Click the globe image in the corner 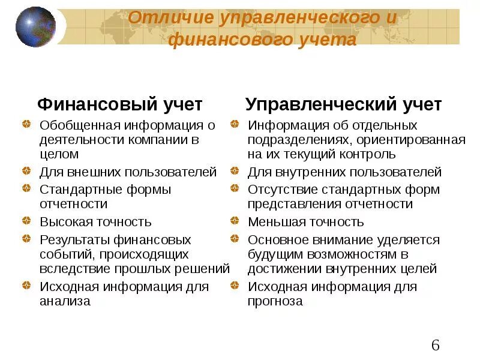[x=35, y=27]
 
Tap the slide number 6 [x=436, y=345]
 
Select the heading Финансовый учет [x=120, y=104]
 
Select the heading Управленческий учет [x=344, y=104]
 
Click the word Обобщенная [x=80, y=125]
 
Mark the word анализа [x=65, y=301]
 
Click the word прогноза [x=275, y=301]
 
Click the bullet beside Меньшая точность [x=235, y=222]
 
